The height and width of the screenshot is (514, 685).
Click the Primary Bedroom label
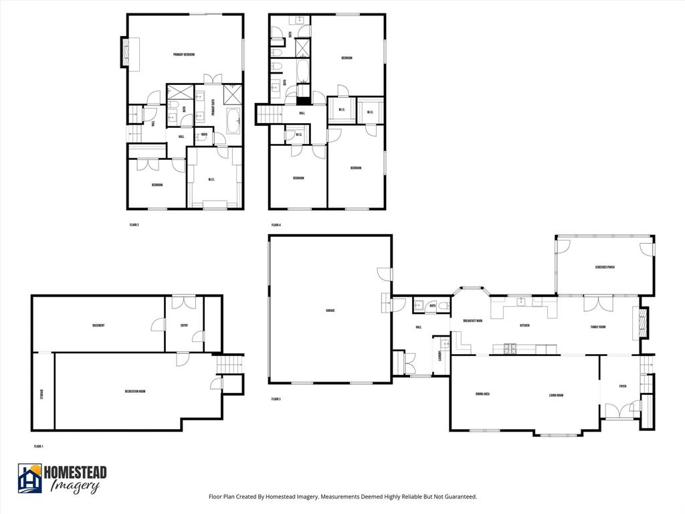(184, 55)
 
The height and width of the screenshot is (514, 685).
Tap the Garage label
(330, 311)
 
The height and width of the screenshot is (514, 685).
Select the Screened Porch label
(605, 267)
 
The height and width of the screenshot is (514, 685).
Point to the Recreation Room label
(135, 391)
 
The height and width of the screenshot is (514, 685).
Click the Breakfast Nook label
(473, 321)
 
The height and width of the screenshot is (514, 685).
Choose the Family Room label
(598, 327)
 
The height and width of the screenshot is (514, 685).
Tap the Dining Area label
(482, 394)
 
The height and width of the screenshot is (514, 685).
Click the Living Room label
(557, 396)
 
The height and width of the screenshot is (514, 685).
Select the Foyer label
(623, 386)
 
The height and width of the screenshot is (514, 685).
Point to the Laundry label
(440, 354)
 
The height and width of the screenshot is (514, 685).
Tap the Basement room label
(98, 325)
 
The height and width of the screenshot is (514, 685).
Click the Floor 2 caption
(134, 225)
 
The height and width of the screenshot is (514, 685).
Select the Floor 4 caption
(276, 225)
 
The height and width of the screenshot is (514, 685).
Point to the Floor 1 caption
(38, 446)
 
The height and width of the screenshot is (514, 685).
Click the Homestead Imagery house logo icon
(30, 479)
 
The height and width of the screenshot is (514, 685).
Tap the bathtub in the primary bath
(233, 121)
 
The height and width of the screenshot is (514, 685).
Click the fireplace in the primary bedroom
(126, 52)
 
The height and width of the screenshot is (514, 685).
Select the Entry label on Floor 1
(184, 326)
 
